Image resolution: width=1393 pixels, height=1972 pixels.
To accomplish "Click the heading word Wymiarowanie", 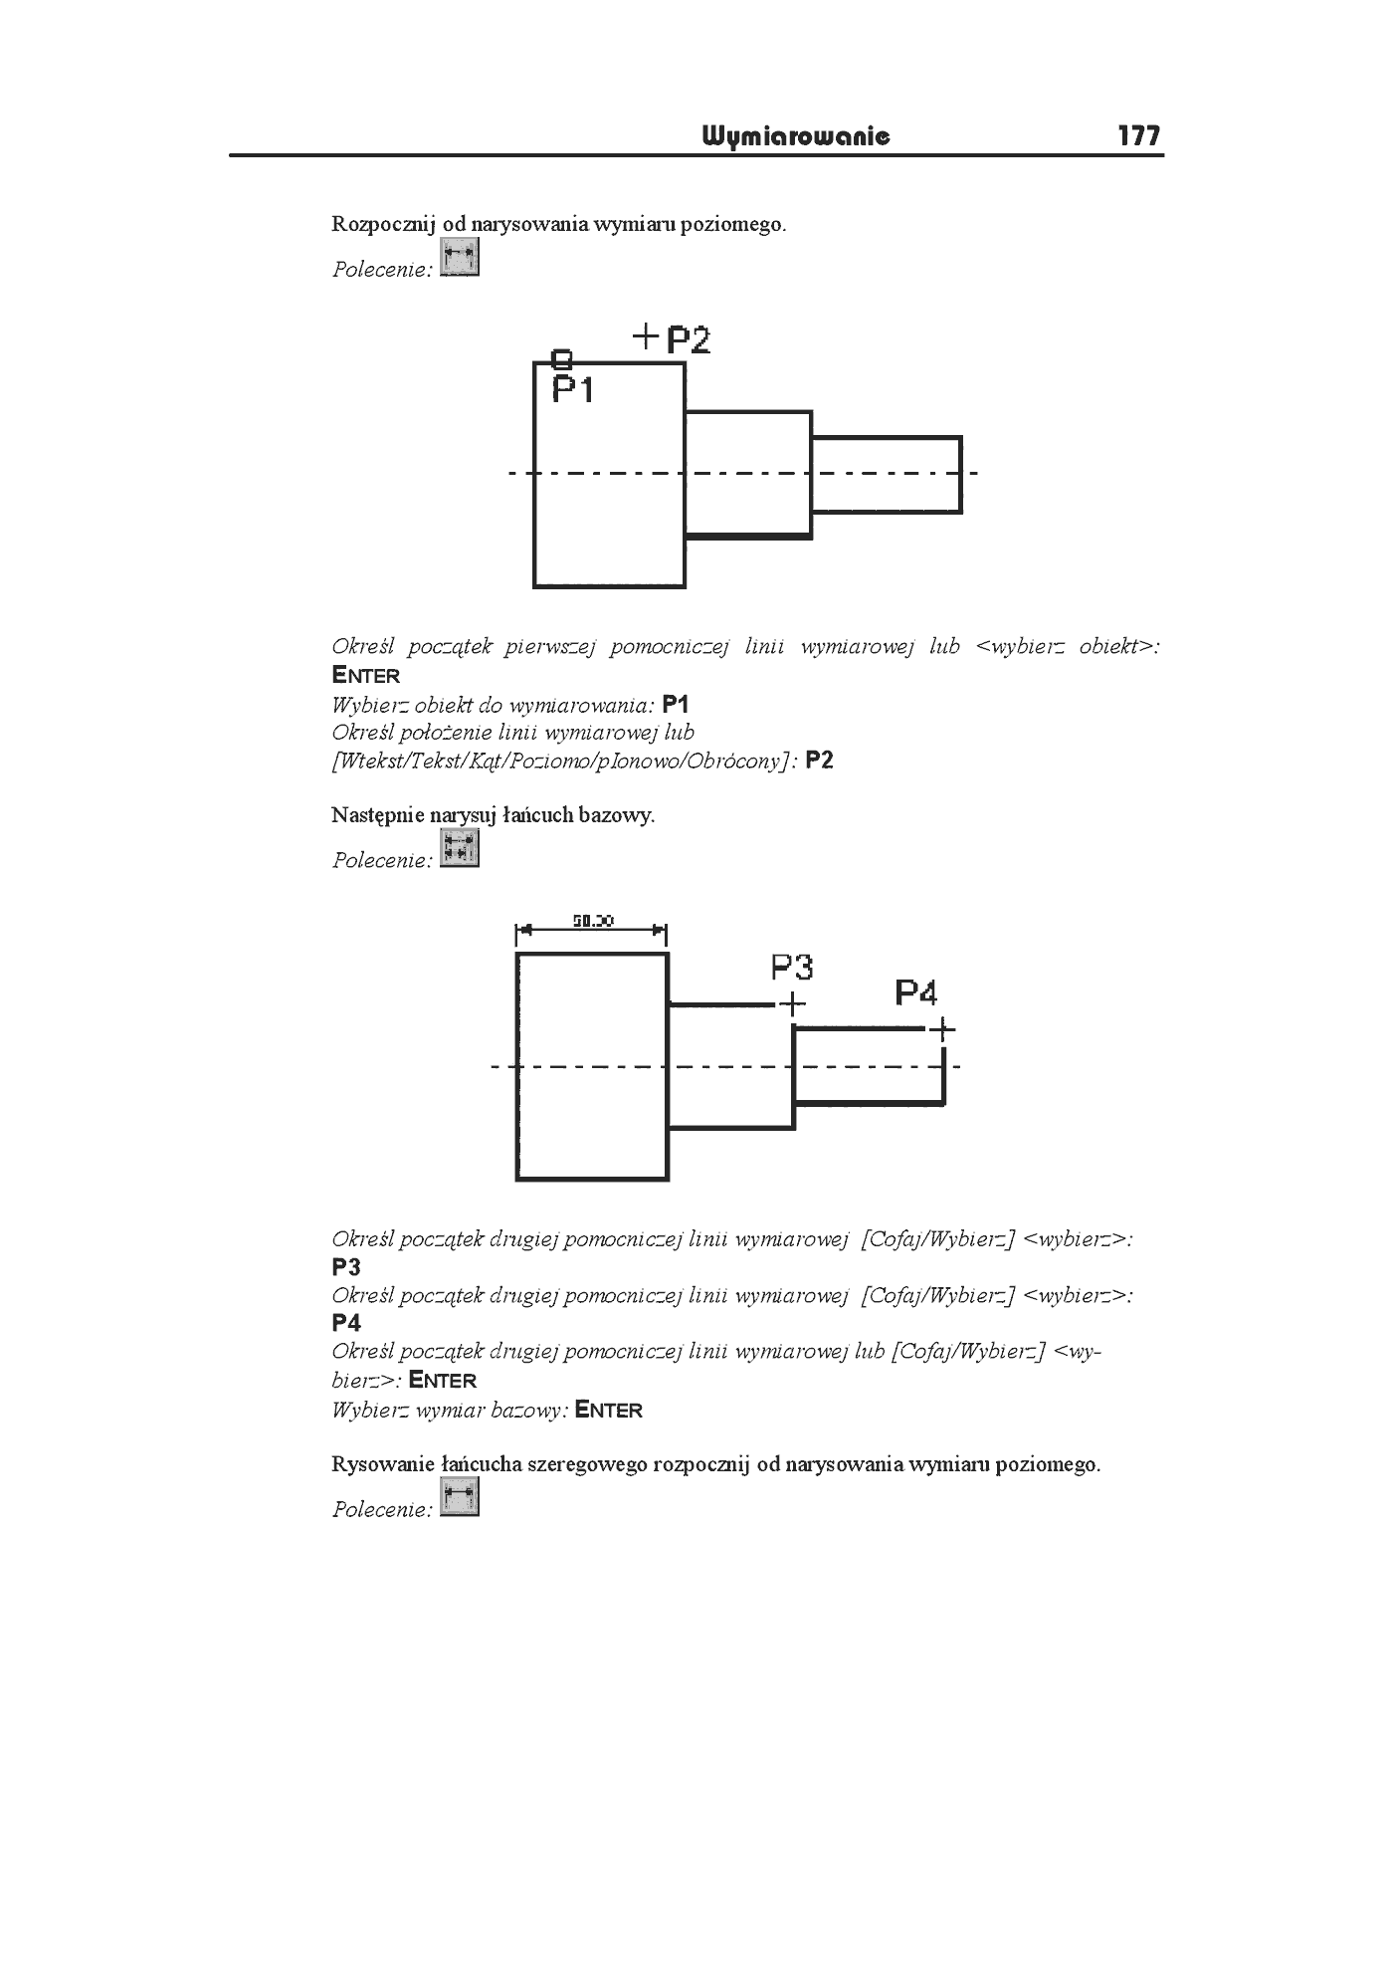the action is point(796,135).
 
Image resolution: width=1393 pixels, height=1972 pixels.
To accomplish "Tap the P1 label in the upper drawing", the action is point(573,389).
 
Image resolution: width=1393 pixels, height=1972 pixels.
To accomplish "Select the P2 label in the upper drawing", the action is point(689,340).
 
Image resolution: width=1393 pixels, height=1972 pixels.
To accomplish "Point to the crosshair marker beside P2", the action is point(647,336).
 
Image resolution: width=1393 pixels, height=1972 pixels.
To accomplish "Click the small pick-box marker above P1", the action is point(562,357).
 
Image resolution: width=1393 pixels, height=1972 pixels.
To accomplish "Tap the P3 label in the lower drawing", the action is point(792,967).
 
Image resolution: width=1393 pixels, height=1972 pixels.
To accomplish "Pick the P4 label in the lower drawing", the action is point(916,992).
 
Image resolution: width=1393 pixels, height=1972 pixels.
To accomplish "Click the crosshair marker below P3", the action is point(792,1005).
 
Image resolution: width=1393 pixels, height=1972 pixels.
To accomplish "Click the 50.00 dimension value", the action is point(593,921).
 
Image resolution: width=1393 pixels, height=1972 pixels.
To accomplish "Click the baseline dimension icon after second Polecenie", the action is point(459,849).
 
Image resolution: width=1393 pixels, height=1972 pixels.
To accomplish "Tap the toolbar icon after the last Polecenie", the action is point(459,1497).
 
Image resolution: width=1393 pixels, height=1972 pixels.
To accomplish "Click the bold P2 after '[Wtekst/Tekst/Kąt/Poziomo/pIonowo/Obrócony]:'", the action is point(820,761).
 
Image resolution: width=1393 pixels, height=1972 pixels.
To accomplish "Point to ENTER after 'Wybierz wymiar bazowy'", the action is point(609,1410).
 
